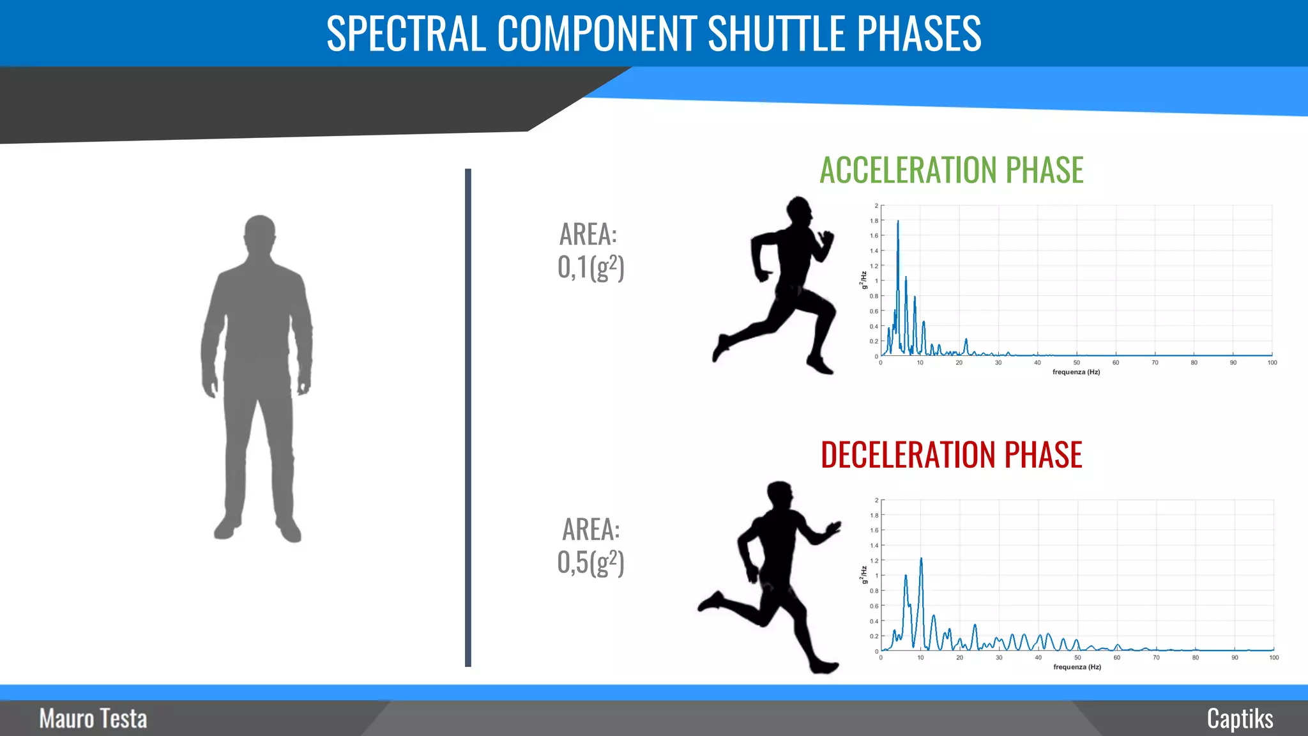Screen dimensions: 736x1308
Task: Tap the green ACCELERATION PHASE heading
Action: point(951,170)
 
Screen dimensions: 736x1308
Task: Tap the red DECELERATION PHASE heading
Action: point(951,455)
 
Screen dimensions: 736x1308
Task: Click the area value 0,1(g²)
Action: point(590,267)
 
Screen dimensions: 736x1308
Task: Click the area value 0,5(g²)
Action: point(590,562)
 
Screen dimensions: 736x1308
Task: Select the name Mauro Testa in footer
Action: point(93,719)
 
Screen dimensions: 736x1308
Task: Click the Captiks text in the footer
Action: point(1240,719)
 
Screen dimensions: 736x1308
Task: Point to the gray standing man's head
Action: point(259,233)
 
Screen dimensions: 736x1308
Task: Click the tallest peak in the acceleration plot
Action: point(898,222)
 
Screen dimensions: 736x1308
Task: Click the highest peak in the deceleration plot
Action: point(921,560)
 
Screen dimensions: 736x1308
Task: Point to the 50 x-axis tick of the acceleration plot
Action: point(1077,362)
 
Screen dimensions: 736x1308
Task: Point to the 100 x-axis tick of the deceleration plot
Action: point(1274,657)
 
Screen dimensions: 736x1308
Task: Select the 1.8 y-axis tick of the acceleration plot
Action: point(874,221)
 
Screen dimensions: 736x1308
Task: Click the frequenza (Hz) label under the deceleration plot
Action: point(1077,667)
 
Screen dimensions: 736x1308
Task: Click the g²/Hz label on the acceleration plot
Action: point(863,280)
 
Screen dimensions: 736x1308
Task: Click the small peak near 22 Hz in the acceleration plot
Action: point(966,341)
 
